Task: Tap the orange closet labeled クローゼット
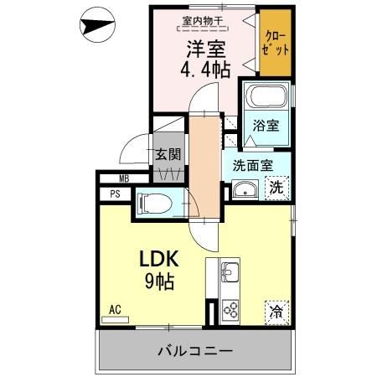[x=276, y=42]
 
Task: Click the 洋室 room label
[x=204, y=48]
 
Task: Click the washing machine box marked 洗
[x=276, y=188]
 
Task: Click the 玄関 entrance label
[x=167, y=154]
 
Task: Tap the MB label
[x=123, y=178]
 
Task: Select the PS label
[x=116, y=194]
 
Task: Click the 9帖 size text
[x=160, y=281]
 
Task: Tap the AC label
[x=115, y=310]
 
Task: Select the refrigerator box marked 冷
[x=276, y=312]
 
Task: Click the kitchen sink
[x=230, y=271]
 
